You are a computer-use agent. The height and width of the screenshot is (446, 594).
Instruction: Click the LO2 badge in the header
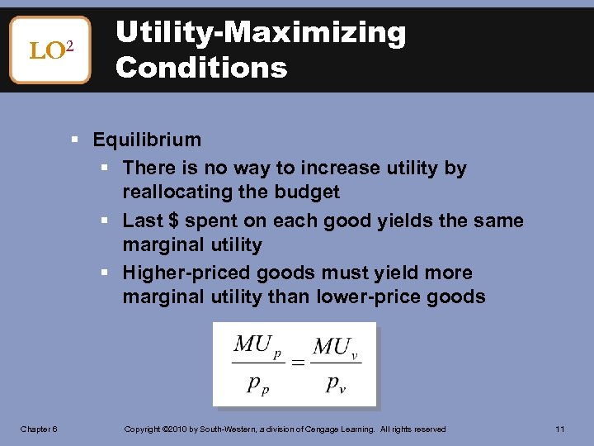coord(49,50)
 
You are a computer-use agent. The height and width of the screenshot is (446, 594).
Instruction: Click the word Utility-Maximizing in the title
coord(261,33)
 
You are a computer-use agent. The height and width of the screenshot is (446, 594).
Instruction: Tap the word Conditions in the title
coord(201,68)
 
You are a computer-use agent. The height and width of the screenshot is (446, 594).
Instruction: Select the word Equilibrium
coord(147,140)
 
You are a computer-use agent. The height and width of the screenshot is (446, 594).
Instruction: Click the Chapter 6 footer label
coord(39,429)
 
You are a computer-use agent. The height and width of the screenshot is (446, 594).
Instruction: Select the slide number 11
coord(559,429)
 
